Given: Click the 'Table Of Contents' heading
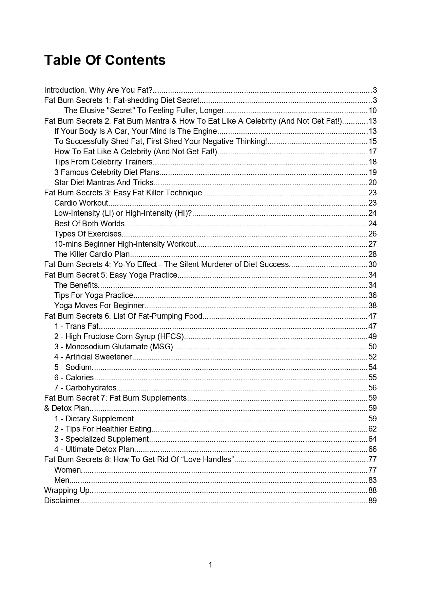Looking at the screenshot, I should [105, 60].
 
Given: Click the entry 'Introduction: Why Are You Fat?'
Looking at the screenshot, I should [98, 90].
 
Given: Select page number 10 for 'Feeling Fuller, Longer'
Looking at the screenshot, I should [372, 110].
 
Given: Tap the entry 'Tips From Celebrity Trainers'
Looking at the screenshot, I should [103, 162].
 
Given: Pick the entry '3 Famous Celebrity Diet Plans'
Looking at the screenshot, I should [107, 172].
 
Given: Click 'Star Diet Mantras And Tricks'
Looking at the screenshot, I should [104, 182].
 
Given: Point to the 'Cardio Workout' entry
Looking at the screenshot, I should [81, 203].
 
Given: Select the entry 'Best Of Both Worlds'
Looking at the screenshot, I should [89, 224].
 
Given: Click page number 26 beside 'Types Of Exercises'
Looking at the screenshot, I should [372, 234].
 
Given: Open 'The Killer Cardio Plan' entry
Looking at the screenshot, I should [92, 254].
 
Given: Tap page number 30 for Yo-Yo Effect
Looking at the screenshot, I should [372, 264].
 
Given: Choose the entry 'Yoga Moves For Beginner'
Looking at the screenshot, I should [99, 305].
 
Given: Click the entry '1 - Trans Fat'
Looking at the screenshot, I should [76, 326].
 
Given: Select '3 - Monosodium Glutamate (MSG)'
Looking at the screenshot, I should [114, 347].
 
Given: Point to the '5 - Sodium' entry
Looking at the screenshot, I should [73, 367].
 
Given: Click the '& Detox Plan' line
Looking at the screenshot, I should [67, 408].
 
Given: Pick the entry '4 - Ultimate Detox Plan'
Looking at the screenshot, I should [94, 449].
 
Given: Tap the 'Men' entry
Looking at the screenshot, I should [62, 480].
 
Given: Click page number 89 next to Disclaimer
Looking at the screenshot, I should [372, 501].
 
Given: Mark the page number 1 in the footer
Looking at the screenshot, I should [210, 565].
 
